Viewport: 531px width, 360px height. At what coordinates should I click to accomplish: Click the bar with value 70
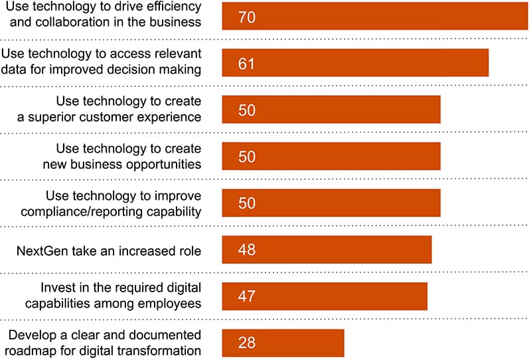point(375,15)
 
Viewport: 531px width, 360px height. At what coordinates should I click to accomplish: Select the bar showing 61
point(355,62)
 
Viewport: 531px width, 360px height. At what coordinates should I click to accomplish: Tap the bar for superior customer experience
point(331,110)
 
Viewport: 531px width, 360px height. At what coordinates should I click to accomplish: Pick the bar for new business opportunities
point(331,156)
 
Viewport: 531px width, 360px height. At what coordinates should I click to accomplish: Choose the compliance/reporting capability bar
point(331,203)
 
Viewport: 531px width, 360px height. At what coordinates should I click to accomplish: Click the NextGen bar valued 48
point(327,250)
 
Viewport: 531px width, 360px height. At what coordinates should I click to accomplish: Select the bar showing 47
point(325,296)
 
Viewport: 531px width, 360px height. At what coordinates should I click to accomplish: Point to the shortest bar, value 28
point(283,343)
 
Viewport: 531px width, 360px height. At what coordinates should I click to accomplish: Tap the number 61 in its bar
point(246,64)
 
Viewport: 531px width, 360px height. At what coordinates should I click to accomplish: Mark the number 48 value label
point(246,250)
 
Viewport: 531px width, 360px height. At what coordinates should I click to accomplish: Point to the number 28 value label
point(246,343)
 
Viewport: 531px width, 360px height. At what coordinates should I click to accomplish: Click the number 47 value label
point(246,297)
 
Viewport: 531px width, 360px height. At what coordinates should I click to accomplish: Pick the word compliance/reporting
point(76,211)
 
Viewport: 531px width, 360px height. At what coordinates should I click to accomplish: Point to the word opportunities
point(161,163)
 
